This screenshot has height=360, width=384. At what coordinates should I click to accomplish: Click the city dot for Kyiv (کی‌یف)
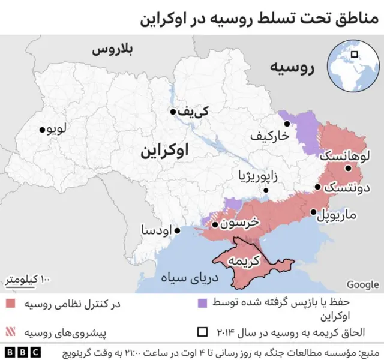(173, 112)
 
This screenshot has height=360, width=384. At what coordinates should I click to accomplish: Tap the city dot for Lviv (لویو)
(42, 130)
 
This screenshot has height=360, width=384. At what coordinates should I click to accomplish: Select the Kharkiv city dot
(287, 124)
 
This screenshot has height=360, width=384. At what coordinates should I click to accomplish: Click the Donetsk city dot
(317, 187)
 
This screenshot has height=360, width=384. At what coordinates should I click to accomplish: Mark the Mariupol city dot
(313, 212)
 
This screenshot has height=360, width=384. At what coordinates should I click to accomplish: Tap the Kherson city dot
(215, 226)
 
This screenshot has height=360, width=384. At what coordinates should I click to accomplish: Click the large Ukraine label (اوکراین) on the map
(164, 150)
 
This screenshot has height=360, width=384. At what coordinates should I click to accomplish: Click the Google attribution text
(362, 284)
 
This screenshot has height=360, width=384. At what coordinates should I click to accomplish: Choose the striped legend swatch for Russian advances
(12, 331)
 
